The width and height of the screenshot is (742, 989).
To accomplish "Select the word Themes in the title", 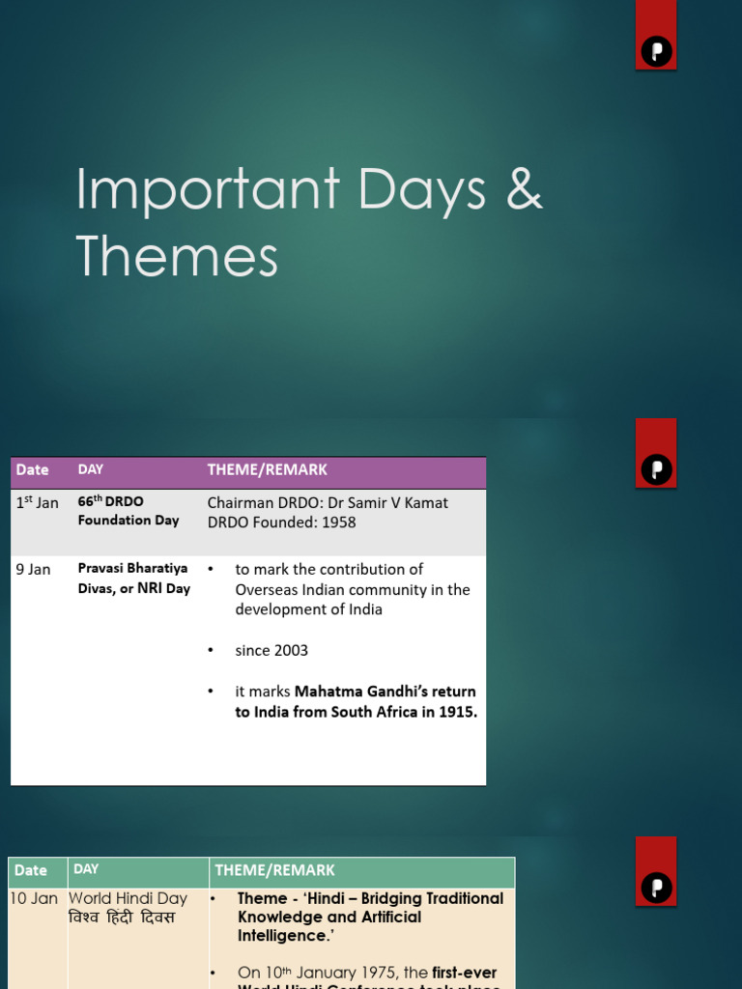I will point(177,256).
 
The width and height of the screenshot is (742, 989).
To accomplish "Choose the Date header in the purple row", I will point(32,470).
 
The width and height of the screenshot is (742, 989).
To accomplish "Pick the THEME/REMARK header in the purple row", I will point(267,470).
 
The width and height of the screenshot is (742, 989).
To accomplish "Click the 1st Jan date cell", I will point(37,502).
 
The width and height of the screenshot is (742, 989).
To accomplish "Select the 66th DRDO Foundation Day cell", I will point(128,511).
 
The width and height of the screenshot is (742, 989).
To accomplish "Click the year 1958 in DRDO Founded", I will point(336,523).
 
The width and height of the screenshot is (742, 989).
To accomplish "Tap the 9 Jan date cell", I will point(33,569).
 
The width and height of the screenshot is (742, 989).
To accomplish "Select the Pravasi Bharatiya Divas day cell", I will point(133,578).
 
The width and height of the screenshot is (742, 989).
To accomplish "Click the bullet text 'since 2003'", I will point(271,650).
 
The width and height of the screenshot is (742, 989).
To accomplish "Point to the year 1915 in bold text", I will point(458,712).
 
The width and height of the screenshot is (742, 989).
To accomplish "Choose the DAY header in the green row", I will point(86,869).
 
